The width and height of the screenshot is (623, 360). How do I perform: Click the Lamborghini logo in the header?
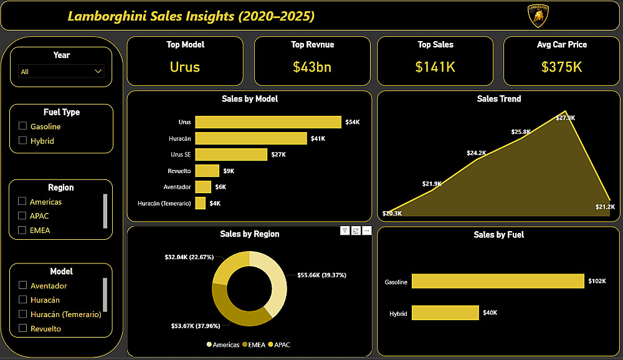pos(538,16)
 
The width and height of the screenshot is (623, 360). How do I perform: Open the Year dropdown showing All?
pos(61,72)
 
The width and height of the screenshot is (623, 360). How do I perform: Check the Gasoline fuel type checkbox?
pos(23,126)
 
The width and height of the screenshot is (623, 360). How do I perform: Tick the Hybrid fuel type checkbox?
pos(23,141)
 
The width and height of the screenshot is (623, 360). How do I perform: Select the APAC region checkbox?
pos(22,216)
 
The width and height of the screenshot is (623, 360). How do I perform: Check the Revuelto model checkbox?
pos(23,328)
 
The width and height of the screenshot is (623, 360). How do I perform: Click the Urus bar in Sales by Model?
pos(268,122)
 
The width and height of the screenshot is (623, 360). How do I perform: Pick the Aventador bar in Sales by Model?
pos(203,187)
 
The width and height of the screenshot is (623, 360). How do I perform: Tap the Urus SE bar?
pos(231,154)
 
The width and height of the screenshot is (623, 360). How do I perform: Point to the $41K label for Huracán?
pos(318,138)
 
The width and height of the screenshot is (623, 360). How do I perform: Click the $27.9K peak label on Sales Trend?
pos(566,118)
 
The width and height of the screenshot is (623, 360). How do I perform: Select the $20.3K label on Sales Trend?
pos(392,213)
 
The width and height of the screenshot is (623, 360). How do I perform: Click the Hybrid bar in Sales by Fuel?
pos(445,313)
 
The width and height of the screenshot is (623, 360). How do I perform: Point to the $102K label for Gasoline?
pos(597,282)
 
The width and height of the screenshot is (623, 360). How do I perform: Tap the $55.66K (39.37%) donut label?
pos(321,275)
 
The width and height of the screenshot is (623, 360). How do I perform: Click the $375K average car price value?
pos(561,67)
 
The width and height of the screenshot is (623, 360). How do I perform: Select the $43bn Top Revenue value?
pos(312,67)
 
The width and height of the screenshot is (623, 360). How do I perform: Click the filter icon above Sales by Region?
pos(345,230)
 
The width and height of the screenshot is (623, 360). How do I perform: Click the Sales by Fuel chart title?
pos(498,235)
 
